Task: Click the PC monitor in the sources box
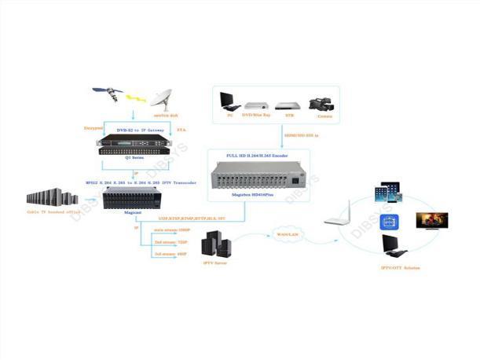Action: coord(229,101)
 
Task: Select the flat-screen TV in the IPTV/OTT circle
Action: coord(432,219)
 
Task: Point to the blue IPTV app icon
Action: coord(391,223)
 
